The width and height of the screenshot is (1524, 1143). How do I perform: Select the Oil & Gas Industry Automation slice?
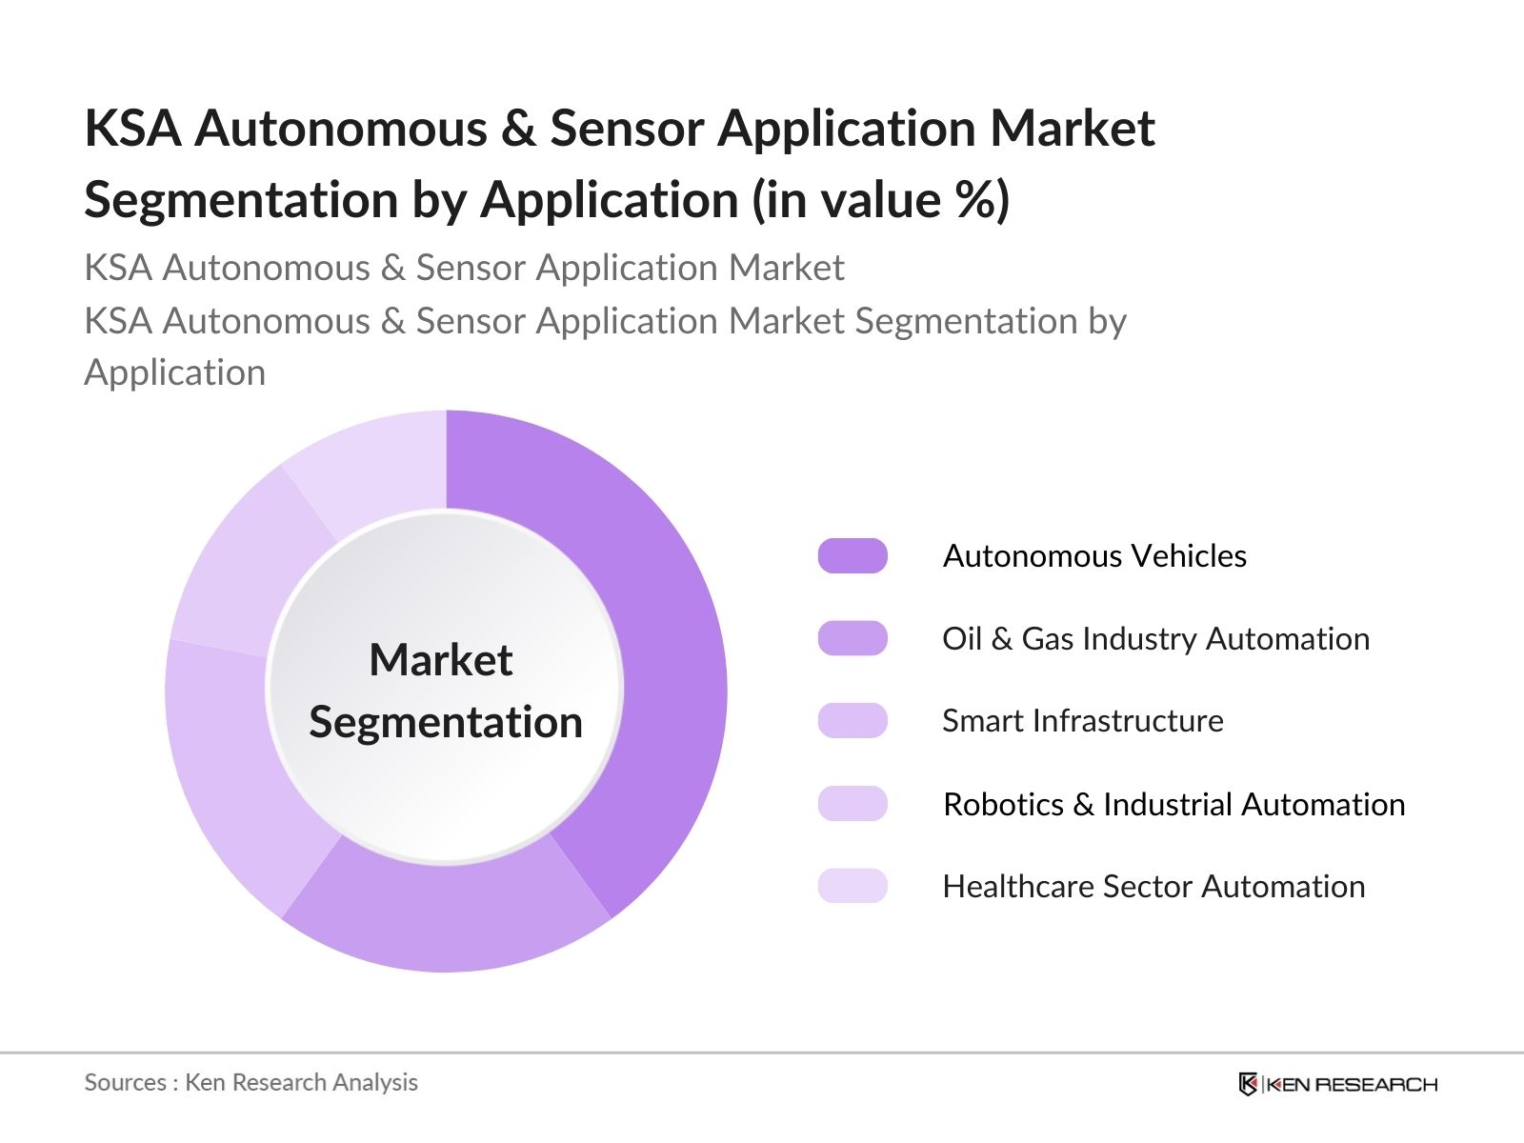(448, 914)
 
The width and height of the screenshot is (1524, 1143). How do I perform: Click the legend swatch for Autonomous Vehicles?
(852, 555)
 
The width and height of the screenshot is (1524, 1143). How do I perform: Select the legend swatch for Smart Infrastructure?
(852, 721)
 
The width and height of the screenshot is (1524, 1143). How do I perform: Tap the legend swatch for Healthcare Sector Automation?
(852, 886)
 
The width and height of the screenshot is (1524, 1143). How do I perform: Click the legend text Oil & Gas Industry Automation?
(1155, 638)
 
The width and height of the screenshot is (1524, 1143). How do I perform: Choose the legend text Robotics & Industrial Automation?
(1173, 804)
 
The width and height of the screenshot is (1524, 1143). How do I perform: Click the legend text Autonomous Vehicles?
(1094, 555)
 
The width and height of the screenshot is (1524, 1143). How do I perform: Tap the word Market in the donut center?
(441, 660)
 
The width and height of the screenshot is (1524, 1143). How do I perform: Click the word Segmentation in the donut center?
(446, 722)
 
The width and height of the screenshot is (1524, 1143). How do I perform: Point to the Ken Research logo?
(1337, 1084)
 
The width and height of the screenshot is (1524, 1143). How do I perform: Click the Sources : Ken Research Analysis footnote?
(251, 1082)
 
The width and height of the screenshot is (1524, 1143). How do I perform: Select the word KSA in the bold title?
(132, 128)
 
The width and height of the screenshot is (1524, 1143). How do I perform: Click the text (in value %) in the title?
(880, 200)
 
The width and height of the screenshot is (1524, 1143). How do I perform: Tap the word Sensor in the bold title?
(627, 128)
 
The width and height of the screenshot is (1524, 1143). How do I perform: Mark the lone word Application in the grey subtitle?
(175, 372)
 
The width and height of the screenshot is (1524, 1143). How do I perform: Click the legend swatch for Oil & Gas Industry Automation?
(852, 638)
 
